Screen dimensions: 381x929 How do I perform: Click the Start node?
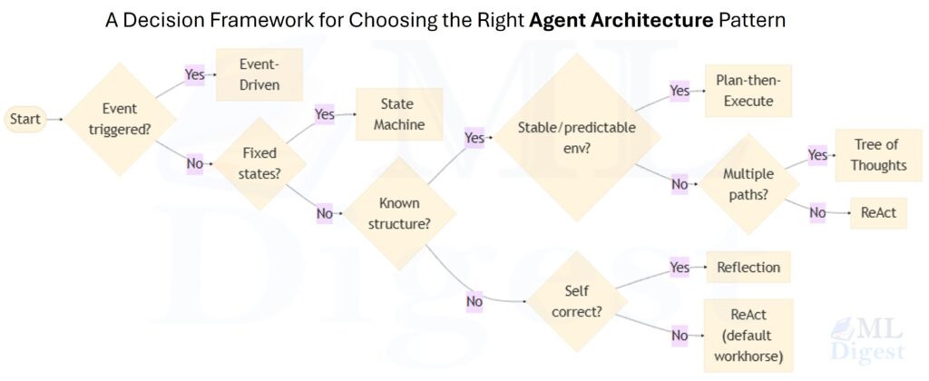click(x=25, y=119)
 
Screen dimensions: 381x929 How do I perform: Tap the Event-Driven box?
click(x=259, y=75)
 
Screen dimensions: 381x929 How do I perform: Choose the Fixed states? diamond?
click(x=259, y=163)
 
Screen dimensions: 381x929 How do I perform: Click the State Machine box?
click(x=398, y=114)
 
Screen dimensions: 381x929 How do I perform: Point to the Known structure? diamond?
click(x=399, y=214)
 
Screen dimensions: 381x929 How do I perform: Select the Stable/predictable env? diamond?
click(x=576, y=137)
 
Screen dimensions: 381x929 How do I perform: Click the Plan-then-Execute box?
click(x=748, y=91)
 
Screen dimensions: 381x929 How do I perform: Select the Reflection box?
click(x=748, y=268)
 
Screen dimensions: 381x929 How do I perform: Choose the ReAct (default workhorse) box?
click(x=748, y=335)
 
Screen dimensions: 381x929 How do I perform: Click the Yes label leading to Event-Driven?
click(x=195, y=75)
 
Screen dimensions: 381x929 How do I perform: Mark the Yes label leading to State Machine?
click(x=324, y=114)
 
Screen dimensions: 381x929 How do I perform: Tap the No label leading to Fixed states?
click(x=195, y=163)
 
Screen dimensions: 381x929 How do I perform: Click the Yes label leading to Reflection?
click(x=680, y=268)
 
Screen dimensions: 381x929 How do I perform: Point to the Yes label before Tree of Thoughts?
click(x=817, y=155)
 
